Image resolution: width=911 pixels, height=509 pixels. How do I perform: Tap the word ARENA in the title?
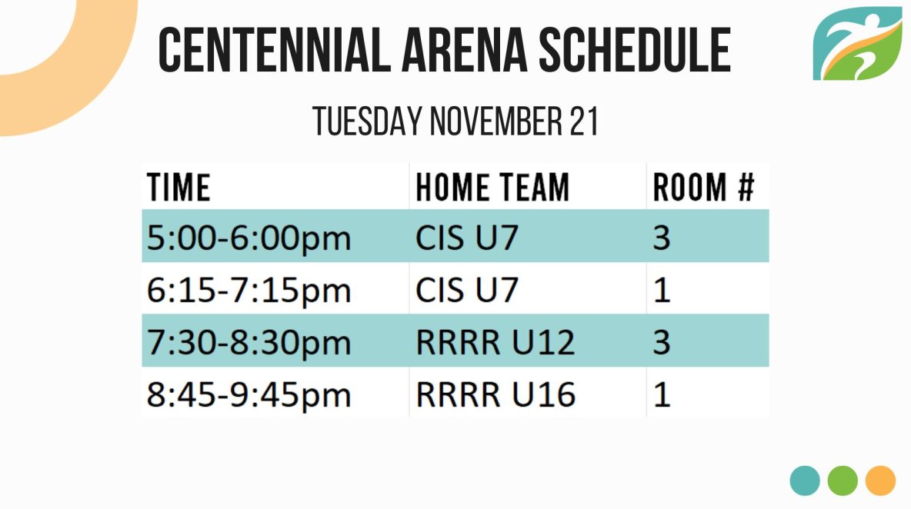464,50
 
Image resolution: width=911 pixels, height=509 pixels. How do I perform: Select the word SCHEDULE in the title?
635,50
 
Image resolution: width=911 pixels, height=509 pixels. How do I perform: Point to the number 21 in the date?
583,121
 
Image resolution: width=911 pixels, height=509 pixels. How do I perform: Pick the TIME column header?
179,188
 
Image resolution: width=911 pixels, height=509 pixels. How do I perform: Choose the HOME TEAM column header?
492,188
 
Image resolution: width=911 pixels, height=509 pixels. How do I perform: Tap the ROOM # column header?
703,188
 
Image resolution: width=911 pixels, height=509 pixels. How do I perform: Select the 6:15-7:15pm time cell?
249,290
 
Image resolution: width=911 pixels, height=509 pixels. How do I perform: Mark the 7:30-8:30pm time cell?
249,342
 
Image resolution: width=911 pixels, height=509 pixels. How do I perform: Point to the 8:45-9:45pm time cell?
249,394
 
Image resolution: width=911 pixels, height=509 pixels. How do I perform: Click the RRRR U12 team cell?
495,342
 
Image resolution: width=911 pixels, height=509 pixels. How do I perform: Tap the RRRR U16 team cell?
496,394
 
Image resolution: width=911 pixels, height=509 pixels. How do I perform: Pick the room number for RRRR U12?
662,342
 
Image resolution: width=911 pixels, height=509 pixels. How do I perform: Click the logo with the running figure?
858,44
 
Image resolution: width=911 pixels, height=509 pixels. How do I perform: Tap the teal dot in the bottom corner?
805,481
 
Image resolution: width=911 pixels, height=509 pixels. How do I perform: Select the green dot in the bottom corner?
843,481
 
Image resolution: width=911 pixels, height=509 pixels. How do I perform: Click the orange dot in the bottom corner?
880,481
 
